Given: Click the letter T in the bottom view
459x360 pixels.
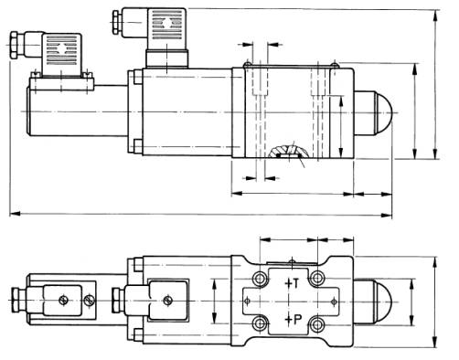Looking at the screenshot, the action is (x=296, y=283).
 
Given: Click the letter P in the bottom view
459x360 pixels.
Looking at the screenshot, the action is (x=297, y=319).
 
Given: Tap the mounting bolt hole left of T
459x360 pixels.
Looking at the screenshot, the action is (x=260, y=278).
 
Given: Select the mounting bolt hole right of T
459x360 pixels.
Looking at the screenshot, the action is (x=317, y=278).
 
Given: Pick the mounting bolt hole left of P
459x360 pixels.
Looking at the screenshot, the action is (x=260, y=324).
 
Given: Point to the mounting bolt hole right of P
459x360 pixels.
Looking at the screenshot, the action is (x=317, y=324).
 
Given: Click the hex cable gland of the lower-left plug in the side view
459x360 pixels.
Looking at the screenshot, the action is (x=15, y=45).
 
